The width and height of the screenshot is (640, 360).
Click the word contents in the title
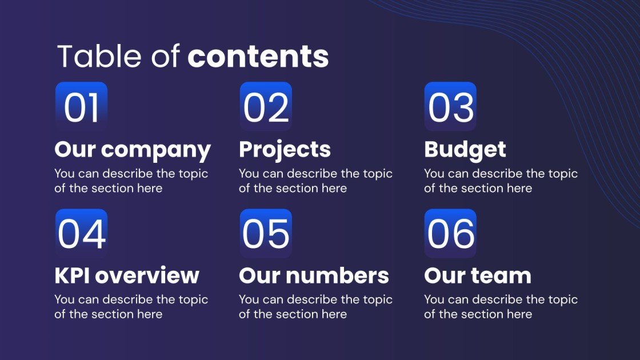pos(258,56)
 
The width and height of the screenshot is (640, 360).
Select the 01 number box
pos(81,107)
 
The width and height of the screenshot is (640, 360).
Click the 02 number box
pos(266,107)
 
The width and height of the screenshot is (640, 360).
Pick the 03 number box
pos(450,107)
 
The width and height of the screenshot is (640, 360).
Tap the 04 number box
pos(81,233)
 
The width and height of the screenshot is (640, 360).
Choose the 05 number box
pos(266,233)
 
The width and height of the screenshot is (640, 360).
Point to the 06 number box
pos(450,233)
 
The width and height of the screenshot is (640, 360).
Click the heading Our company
pos(133,150)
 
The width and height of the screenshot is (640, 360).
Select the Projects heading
pos(285,149)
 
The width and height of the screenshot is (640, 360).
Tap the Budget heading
pos(465,149)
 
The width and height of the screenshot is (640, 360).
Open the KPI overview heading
pos(127,275)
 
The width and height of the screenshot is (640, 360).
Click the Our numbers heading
pos(314,275)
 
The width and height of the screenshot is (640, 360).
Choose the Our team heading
pos(477,275)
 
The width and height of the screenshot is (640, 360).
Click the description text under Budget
pos(501,181)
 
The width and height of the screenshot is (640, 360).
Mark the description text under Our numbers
pos(315,306)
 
